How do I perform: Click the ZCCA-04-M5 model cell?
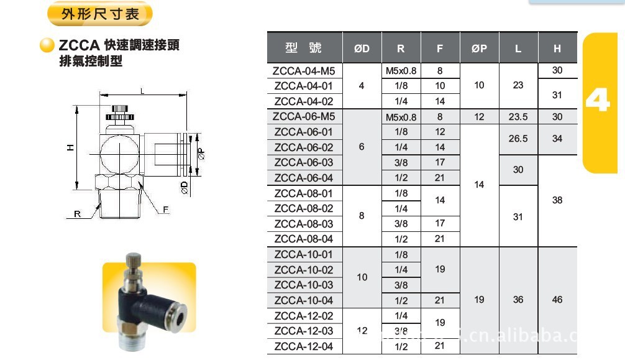pyautogui.click(x=304, y=71)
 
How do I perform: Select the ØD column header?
pyautogui.click(x=362, y=48)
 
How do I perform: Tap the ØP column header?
pyautogui.click(x=479, y=48)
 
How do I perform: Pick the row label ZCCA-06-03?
pyautogui.click(x=304, y=162)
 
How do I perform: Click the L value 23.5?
pyautogui.click(x=518, y=116)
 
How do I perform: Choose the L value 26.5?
pyautogui.click(x=518, y=139)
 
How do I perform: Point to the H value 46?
pyautogui.click(x=557, y=299)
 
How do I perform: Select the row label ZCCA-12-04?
pyautogui.click(x=304, y=346)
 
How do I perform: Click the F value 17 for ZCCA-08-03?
pyautogui.click(x=440, y=223)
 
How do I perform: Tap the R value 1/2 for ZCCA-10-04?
pyautogui.click(x=401, y=300)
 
